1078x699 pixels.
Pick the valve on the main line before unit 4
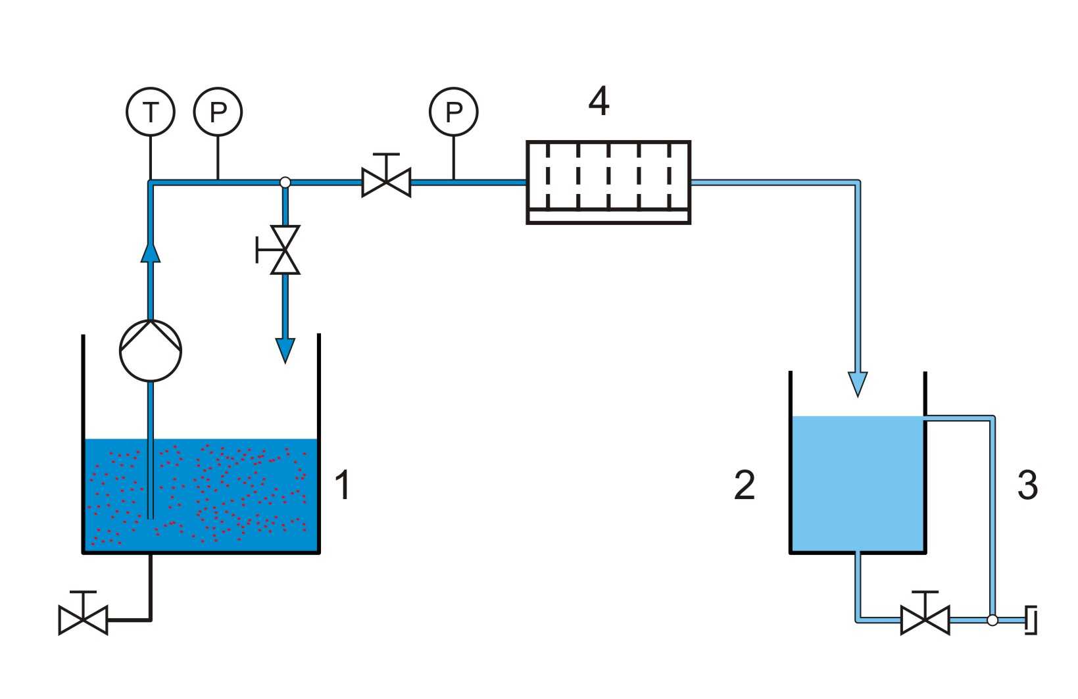coord(387,176)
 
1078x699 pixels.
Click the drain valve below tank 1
coord(84,614)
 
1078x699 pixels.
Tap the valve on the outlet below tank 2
coord(925,614)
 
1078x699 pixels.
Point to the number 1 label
coord(343,485)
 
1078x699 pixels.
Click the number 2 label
coord(745,485)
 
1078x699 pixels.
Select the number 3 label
coord(1027,485)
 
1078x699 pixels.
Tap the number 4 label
coord(599,101)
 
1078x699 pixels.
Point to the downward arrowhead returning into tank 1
coord(285,350)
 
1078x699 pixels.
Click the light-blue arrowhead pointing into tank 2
coord(858,385)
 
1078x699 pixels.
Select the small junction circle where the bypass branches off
coord(285,182)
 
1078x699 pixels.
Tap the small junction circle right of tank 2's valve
coord(992,620)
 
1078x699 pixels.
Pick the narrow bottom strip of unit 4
coord(609,217)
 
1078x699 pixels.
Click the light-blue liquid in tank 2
coord(858,483)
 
